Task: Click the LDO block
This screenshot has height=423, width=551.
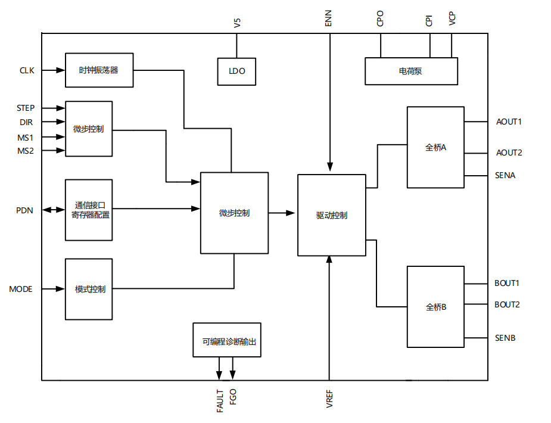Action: point(236,71)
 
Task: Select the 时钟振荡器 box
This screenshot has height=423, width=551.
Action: point(99,70)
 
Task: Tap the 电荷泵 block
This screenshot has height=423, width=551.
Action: point(411,71)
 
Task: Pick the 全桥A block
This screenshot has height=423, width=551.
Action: point(435,147)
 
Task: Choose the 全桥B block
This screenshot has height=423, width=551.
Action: point(435,307)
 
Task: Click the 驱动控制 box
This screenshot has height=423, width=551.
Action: point(331,215)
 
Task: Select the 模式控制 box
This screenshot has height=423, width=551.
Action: point(89,289)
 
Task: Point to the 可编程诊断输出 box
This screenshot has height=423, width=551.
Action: point(227,340)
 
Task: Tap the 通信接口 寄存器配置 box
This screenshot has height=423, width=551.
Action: point(89,210)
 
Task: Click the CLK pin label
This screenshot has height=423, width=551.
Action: point(27,70)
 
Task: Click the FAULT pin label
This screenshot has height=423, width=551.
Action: point(220,401)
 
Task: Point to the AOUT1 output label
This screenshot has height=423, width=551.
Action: point(509,122)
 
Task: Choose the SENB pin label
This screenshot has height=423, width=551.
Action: point(505,338)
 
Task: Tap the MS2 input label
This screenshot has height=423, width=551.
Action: point(26,151)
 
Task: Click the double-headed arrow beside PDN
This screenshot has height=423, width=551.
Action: point(52,210)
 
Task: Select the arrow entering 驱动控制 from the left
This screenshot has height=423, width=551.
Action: point(284,213)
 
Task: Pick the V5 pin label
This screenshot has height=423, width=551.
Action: point(237,23)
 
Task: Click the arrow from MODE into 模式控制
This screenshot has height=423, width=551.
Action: point(54,289)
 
